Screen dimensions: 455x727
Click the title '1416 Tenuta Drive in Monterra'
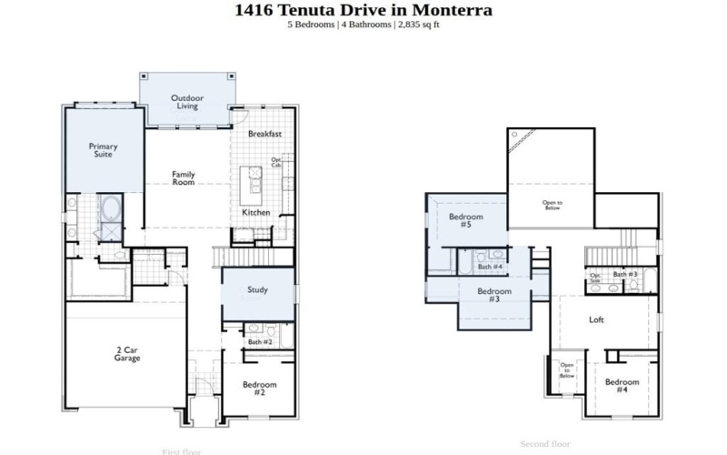pos(363,10)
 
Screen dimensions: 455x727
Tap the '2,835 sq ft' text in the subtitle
pos(417,25)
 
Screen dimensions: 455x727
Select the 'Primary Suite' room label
pos(103,150)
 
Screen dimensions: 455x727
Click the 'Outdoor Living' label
pos(187,102)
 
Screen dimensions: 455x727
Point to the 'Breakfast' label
pos(264,134)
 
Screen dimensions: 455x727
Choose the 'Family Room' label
pos(184,177)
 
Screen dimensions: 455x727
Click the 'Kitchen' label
pos(255,212)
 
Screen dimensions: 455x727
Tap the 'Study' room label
pos(257,290)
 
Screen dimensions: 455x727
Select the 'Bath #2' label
pos(261,341)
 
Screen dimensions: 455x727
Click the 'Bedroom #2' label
pos(259,388)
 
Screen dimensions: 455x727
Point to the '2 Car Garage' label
pos(127,353)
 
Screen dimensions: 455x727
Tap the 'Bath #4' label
pos(491,267)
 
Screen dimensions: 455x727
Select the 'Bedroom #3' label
pos(494,295)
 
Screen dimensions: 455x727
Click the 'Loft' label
pos(596,319)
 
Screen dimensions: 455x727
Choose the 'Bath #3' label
pos(624,274)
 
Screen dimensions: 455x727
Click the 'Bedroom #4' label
pos(622,385)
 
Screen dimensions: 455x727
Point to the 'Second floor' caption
pos(545,444)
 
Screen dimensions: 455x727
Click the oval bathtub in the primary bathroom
pos(112,208)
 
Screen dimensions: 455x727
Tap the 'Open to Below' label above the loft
pos(552,205)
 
